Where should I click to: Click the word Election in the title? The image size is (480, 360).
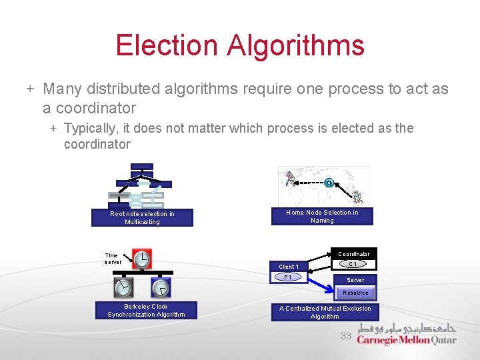tap(167, 45)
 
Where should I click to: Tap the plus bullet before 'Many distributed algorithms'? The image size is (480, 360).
tap(30, 89)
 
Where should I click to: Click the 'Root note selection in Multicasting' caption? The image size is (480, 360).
tap(142, 218)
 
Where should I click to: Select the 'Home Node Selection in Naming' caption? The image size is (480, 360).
tap(322, 217)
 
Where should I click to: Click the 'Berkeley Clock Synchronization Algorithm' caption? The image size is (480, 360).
tap(146, 311)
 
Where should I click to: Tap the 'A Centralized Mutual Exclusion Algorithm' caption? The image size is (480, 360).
tap(325, 313)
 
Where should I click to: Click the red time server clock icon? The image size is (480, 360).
tap(142, 259)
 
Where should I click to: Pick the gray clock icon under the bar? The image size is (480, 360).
tap(123, 287)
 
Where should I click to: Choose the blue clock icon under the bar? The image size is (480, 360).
tap(161, 287)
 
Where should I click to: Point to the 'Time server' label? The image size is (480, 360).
tap(113, 258)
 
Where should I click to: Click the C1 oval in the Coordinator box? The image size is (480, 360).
tap(353, 264)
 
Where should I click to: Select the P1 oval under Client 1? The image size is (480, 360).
tap(288, 277)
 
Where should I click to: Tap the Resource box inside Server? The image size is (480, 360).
tap(355, 293)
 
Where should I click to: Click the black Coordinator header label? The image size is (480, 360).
tap(353, 253)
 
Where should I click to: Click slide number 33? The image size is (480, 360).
tap(345, 337)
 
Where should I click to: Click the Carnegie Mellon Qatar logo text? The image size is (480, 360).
tap(406, 339)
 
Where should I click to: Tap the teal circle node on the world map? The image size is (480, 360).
tap(329, 183)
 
